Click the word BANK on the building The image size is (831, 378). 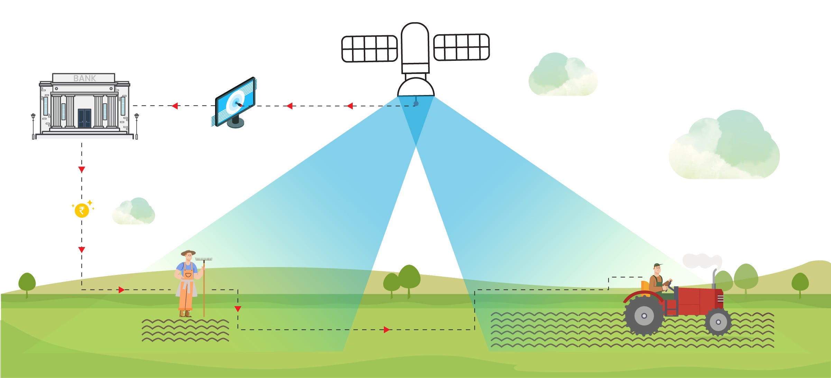pyautogui.click(x=84, y=78)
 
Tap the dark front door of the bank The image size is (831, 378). pyautogui.click(x=84, y=118)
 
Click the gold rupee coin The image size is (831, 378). pyautogui.click(x=82, y=210)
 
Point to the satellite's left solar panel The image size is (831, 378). pyautogui.click(x=369, y=49)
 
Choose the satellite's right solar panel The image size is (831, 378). pyautogui.click(x=461, y=47)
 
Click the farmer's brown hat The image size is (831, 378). pyautogui.click(x=188, y=253)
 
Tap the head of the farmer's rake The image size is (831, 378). pyautogui.click(x=204, y=259)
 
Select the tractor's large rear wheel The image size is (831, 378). pyautogui.click(x=644, y=315)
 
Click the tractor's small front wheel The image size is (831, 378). pyautogui.click(x=718, y=322)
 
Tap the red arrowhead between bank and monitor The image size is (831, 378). pyautogui.click(x=175, y=106)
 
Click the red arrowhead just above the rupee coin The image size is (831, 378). pyautogui.click(x=82, y=170)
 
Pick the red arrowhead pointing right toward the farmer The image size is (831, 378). pyautogui.click(x=121, y=290)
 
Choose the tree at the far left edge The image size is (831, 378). pyautogui.click(x=27, y=284)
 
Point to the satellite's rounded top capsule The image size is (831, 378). pyautogui.click(x=415, y=43)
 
